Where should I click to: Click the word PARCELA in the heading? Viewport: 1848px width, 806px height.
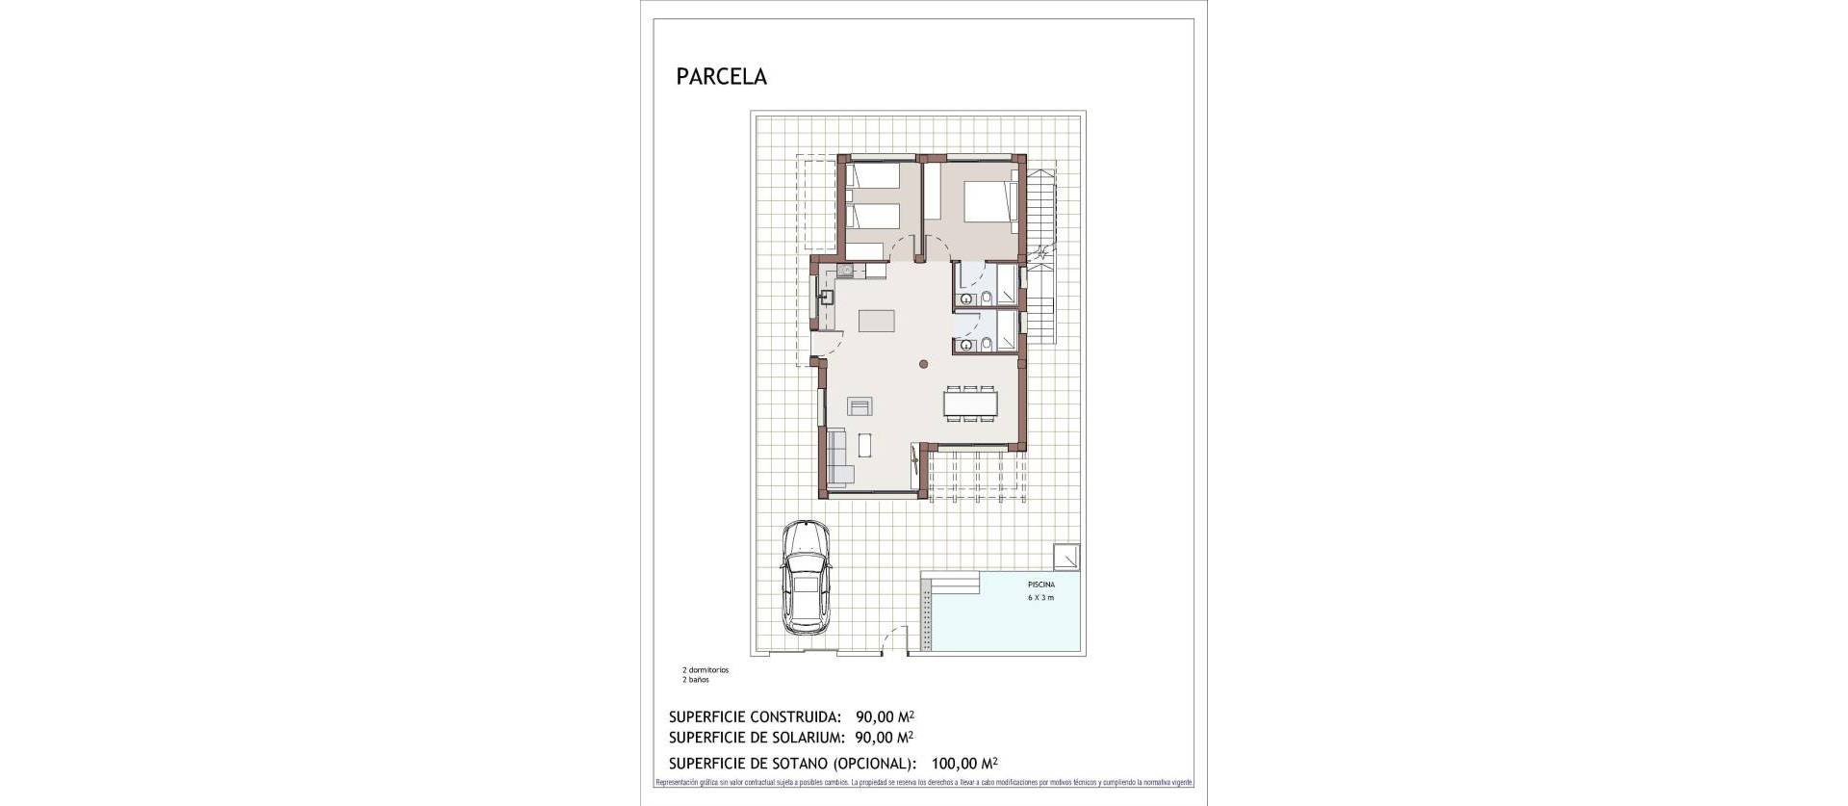(721, 77)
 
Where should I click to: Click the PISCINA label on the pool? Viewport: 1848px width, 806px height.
(1039, 585)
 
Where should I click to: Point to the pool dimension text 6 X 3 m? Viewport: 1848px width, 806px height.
(1039, 598)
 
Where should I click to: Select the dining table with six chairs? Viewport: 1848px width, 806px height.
(969, 403)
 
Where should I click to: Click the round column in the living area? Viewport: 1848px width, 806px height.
(923, 364)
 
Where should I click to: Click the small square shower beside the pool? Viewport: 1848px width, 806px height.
(1065, 557)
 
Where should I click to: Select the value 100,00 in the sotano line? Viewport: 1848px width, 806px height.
(955, 763)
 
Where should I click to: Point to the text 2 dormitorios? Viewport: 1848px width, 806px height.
(706, 670)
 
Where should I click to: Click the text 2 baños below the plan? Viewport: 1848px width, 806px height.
(696, 680)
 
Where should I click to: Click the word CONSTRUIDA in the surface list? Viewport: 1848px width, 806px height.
(793, 716)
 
